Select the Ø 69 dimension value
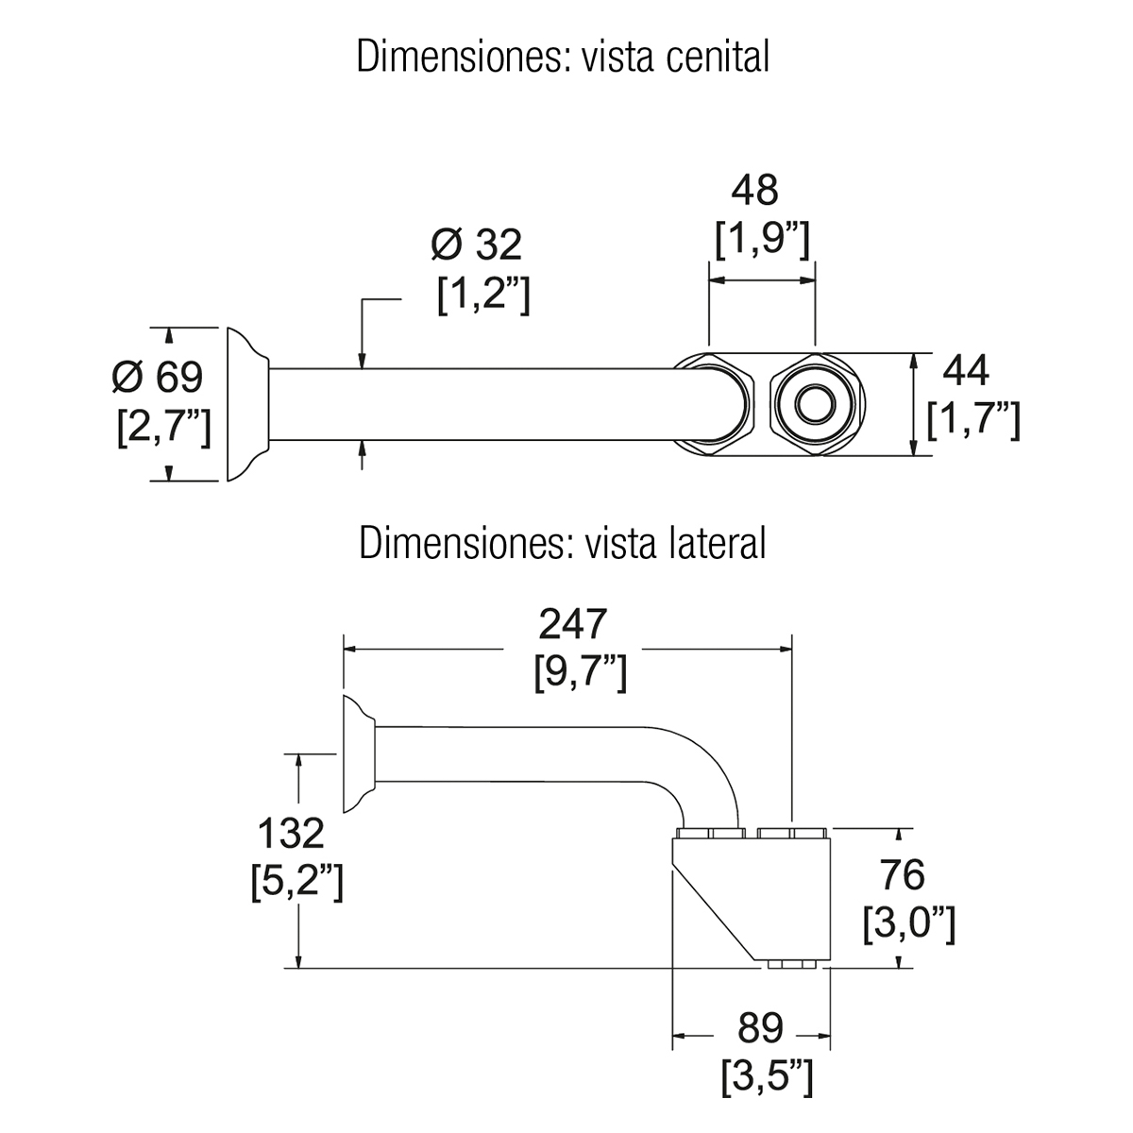click(157, 378)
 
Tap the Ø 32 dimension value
click(476, 245)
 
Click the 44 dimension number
click(966, 372)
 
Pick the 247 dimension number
click(570, 625)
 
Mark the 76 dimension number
click(902, 875)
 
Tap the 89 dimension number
click(761, 1027)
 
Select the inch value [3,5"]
click(766, 1076)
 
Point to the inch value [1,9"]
click(761, 243)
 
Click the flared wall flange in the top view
click(247, 406)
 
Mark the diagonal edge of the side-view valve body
click(718, 911)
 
